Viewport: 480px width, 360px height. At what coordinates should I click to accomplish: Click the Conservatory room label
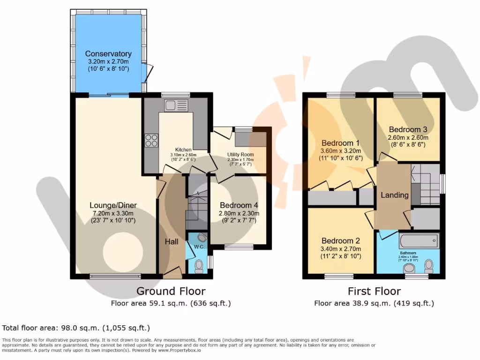click(108, 54)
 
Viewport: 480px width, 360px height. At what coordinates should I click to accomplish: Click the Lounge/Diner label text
click(112, 205)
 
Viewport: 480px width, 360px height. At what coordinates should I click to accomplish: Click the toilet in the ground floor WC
click(199, 266)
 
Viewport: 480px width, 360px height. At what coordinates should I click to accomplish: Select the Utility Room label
click(240, 154)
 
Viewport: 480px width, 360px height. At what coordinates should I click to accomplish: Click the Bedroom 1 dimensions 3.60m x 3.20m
click(340, 151)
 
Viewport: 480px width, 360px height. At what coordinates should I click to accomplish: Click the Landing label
click(394, 195)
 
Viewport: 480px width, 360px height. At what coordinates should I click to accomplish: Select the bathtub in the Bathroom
click(419, 241)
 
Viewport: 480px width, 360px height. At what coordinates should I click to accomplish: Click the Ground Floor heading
click(171, 291)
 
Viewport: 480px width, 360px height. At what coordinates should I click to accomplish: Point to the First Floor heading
click(374, 291)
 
